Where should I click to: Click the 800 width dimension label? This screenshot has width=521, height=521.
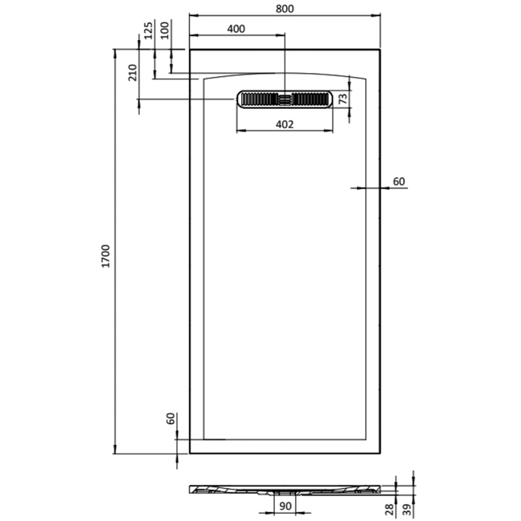tap(285, 9)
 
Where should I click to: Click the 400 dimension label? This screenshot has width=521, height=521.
tap(236, 29)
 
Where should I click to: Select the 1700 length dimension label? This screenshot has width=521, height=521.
tap(106, 256)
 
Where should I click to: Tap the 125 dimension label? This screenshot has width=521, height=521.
tap(148, 30)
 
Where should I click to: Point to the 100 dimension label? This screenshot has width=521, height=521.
tap(165, 30)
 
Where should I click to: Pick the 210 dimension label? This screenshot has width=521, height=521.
tap(132, 72)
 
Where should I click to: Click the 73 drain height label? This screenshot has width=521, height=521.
tap(342, 99)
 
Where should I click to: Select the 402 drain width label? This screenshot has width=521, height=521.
tap(285, 124)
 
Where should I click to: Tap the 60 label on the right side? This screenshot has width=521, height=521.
tap(398, 181)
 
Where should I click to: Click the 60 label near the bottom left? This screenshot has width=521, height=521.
tap(170, 418)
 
